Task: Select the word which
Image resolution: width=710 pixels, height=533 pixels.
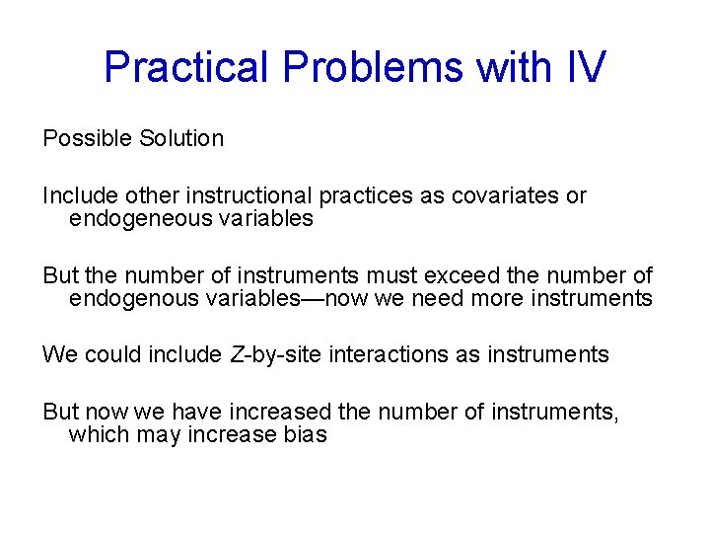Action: (97, 434)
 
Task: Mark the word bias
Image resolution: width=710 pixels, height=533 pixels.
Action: (302, 434)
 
